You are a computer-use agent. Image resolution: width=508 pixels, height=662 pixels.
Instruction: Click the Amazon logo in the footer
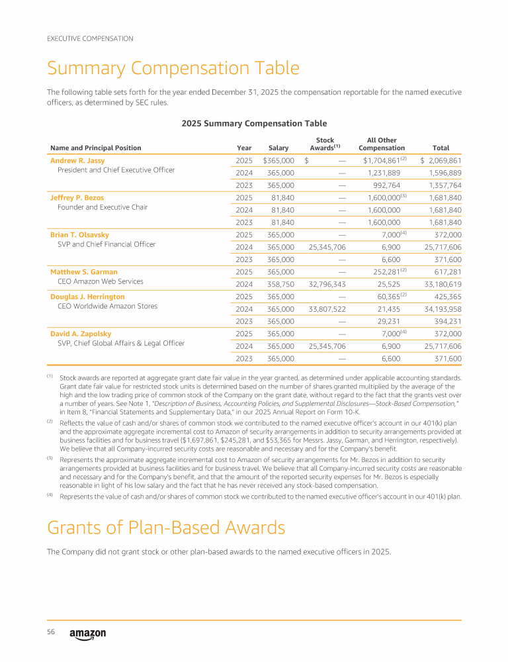(87, 634)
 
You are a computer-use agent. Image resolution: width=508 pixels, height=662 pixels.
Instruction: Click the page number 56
(50, 632)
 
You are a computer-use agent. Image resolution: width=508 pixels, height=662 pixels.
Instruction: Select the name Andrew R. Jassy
(77, 160)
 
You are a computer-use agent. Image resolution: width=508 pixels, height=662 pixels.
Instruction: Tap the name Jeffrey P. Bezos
(77, 197)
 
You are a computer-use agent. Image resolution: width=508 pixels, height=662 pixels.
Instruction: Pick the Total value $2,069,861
(441, 161)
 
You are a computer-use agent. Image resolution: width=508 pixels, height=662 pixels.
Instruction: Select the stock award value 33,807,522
(323, 309)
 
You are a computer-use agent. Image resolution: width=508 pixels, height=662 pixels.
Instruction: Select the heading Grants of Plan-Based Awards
(166, 528)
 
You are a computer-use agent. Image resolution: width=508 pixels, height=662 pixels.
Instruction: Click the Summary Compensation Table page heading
(173, 68)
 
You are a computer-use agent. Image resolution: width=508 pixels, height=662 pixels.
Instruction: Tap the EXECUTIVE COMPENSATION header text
(90, 38)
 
